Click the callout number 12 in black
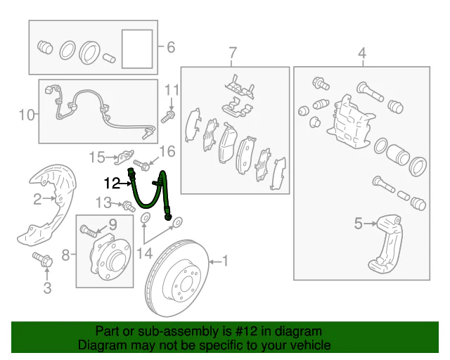click(x=112, y=183)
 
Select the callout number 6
click(x=171, y=47)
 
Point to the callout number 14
click(x=144, y=254)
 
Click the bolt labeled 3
click(x=43, y=259)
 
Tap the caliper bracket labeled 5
click(x=385, y=244)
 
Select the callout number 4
click(x=363, y=53)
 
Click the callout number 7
click(x=233, y=53)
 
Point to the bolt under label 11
click(x=168, y=117)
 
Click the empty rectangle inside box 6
click(x=137, y=49)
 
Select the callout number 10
click(x=27, y=115)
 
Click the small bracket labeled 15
click(x=124, y=157)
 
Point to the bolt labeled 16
click(x=141, y=165)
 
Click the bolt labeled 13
click(x=129, y=207)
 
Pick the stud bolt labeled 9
click(x=89, y=231)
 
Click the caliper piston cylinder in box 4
click(x=397, y=155)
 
